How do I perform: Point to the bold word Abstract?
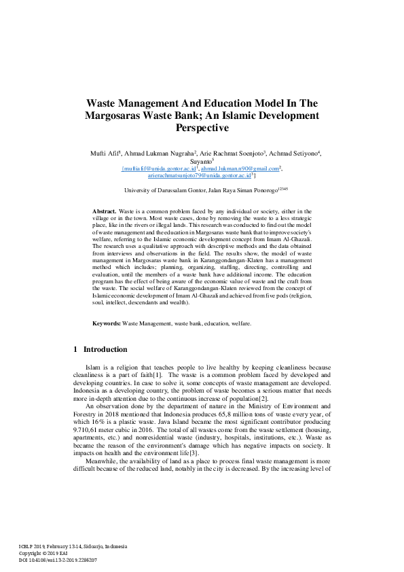104,212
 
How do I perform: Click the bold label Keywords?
107,323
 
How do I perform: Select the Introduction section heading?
105,349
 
